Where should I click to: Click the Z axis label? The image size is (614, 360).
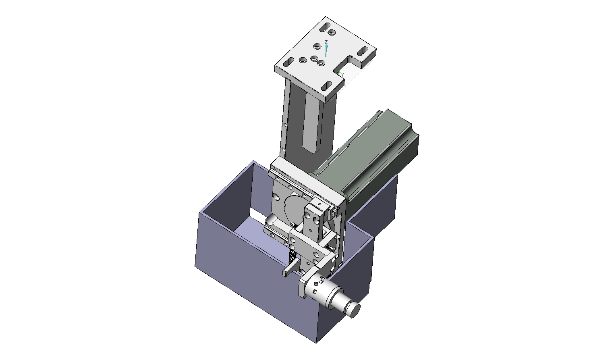pyautogui.click(x=326, y=42)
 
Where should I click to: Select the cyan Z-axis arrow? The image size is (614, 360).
pyautogui.click(x=326, y=51)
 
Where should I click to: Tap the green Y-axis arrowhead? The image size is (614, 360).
pyautogui.click(x=339, y=73)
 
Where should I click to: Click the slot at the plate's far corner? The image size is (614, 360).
pyautogui.click(x=325, y=27)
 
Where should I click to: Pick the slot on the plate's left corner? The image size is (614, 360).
pyautogui.click(x=288, y=62)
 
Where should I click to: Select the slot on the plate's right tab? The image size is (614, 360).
pyautogui.click(x=363, y=51)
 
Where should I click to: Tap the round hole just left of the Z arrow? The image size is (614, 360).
pyautogui.click(x=317, y=46)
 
